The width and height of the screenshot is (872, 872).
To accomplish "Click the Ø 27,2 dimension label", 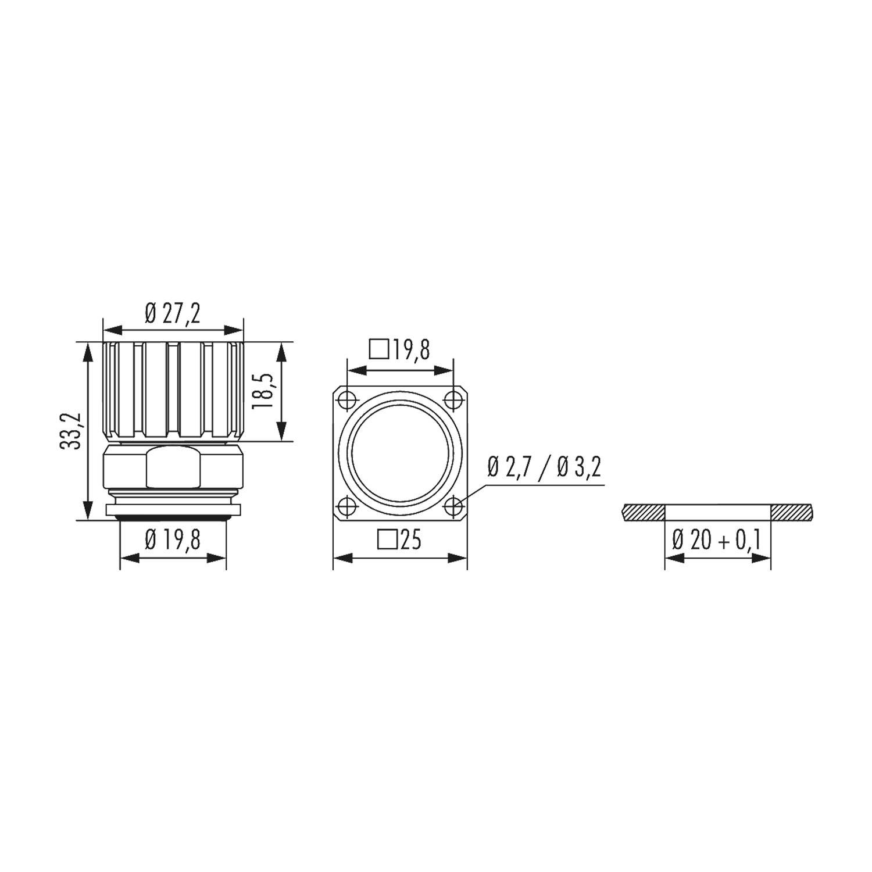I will tap(172, 315).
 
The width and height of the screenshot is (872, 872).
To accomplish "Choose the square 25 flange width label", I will tap(399, 540).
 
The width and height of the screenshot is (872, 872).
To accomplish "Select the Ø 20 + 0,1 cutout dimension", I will tap(717, 540).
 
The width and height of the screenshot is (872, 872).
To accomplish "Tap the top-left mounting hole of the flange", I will tap(346, 400).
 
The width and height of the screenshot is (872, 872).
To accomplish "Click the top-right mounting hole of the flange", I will tap(453, 400).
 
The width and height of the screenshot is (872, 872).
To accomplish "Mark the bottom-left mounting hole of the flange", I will tap(346, 507).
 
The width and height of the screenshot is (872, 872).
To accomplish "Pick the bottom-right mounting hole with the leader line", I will tap(453, 507).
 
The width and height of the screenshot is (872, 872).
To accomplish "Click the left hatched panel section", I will tap(642, 512).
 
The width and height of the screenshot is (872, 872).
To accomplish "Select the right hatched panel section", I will tap(792, 512).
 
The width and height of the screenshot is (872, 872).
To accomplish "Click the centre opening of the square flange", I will tap(400, 453).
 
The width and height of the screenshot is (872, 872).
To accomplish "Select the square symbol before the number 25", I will tap(386, 540).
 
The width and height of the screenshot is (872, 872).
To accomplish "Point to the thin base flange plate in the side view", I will tap(173, 510).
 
